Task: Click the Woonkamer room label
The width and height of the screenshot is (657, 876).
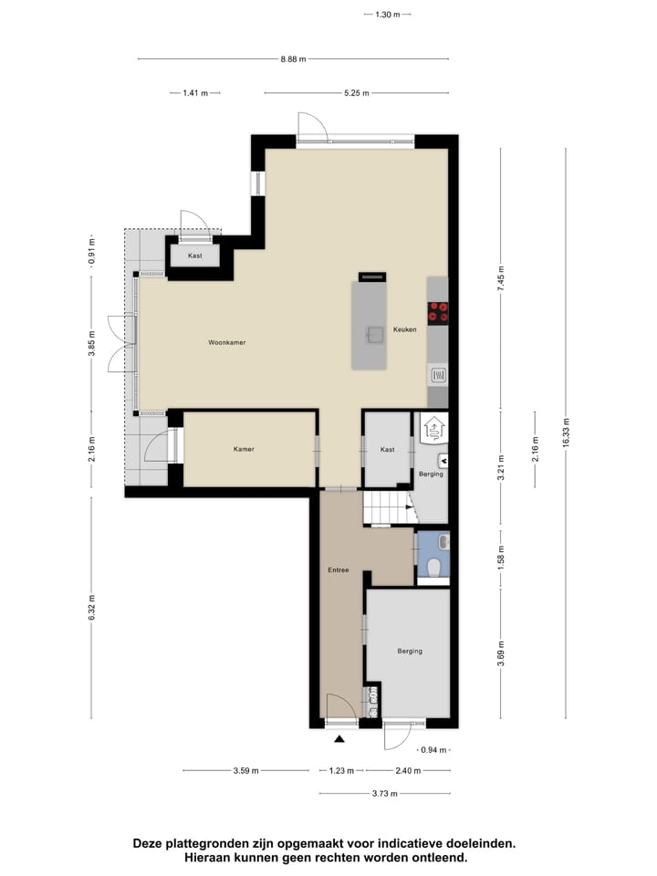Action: coord(227,342)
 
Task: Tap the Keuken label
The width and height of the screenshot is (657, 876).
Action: coord(404,329)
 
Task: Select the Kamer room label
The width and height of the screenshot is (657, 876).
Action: coord(243,449)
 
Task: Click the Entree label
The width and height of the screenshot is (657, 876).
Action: coord(339,570)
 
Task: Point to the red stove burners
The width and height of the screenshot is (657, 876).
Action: coord(438,312)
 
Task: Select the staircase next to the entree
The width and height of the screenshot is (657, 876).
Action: coord(385,507)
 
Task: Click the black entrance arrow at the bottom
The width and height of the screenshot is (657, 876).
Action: coord(339,739)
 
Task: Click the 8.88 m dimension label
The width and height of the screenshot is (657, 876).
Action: coord(293,58)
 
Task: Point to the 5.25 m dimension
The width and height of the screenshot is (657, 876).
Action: coord(356,93)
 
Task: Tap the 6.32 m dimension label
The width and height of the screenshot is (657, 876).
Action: coord(91,607)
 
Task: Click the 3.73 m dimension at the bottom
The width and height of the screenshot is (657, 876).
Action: coord(384,793)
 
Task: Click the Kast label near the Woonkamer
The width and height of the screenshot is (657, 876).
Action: coord(194,255)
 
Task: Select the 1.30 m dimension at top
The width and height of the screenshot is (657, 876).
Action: coord(387,15)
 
